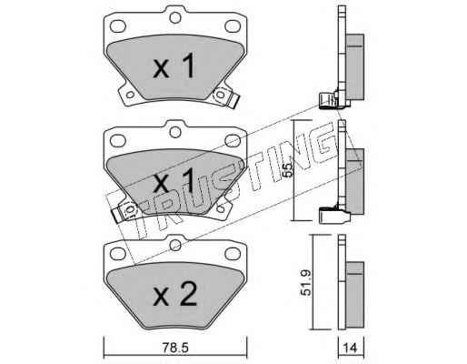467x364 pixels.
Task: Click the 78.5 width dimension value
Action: pyautogui.click(x=175, y=348)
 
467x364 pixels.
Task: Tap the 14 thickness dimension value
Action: pyautogui.click(x=351, y=348)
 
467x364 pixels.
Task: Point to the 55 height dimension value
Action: pyautogui.click(x=288, y=170)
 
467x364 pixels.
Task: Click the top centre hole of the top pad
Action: pyautogui.click(x=175, y=17)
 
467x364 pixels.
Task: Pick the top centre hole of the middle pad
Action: pyautogui.click(x=175, y=132)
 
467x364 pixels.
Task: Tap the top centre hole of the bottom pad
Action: pyautogui.click(x=175, y=245)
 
